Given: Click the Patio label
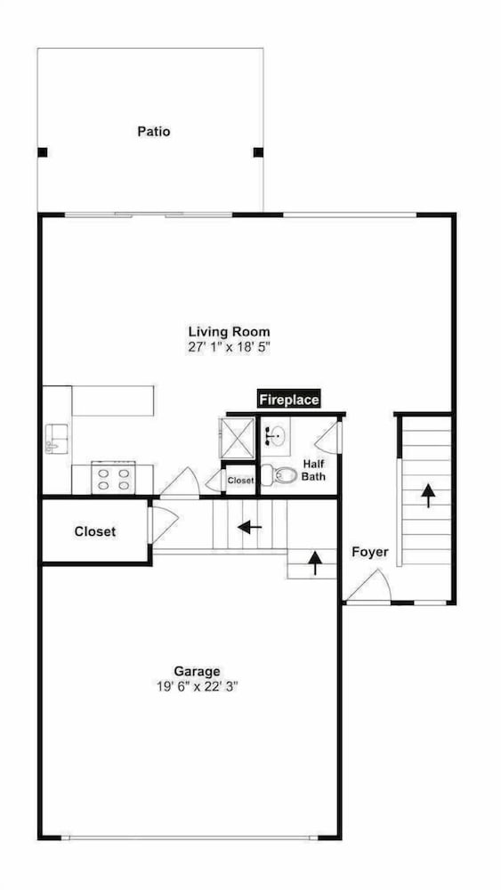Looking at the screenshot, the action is coord(154,132).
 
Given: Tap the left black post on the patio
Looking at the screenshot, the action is coord(43,152).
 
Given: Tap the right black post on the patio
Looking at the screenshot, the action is coord(258,152).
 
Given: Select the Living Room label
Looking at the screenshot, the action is coord(230,331).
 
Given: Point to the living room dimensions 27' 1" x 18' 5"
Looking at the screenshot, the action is coord(230,347).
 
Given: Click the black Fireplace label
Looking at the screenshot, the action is coord(289,400).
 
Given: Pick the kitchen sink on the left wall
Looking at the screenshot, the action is coord(56,439).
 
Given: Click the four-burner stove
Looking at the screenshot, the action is coord(114,478).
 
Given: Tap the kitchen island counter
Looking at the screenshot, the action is coord(113,400).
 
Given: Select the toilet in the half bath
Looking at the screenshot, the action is coord(279,474).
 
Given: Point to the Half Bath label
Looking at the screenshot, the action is coord(313,469).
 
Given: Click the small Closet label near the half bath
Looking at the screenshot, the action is coord(240,481).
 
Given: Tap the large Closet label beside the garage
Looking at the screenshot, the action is coord(94,532).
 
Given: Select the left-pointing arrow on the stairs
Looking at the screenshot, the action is coord(250,527).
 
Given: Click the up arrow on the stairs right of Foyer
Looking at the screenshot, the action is coord(428,495).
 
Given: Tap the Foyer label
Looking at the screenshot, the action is coord(370,552).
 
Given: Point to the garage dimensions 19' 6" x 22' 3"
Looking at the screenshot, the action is coord(197,686).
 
